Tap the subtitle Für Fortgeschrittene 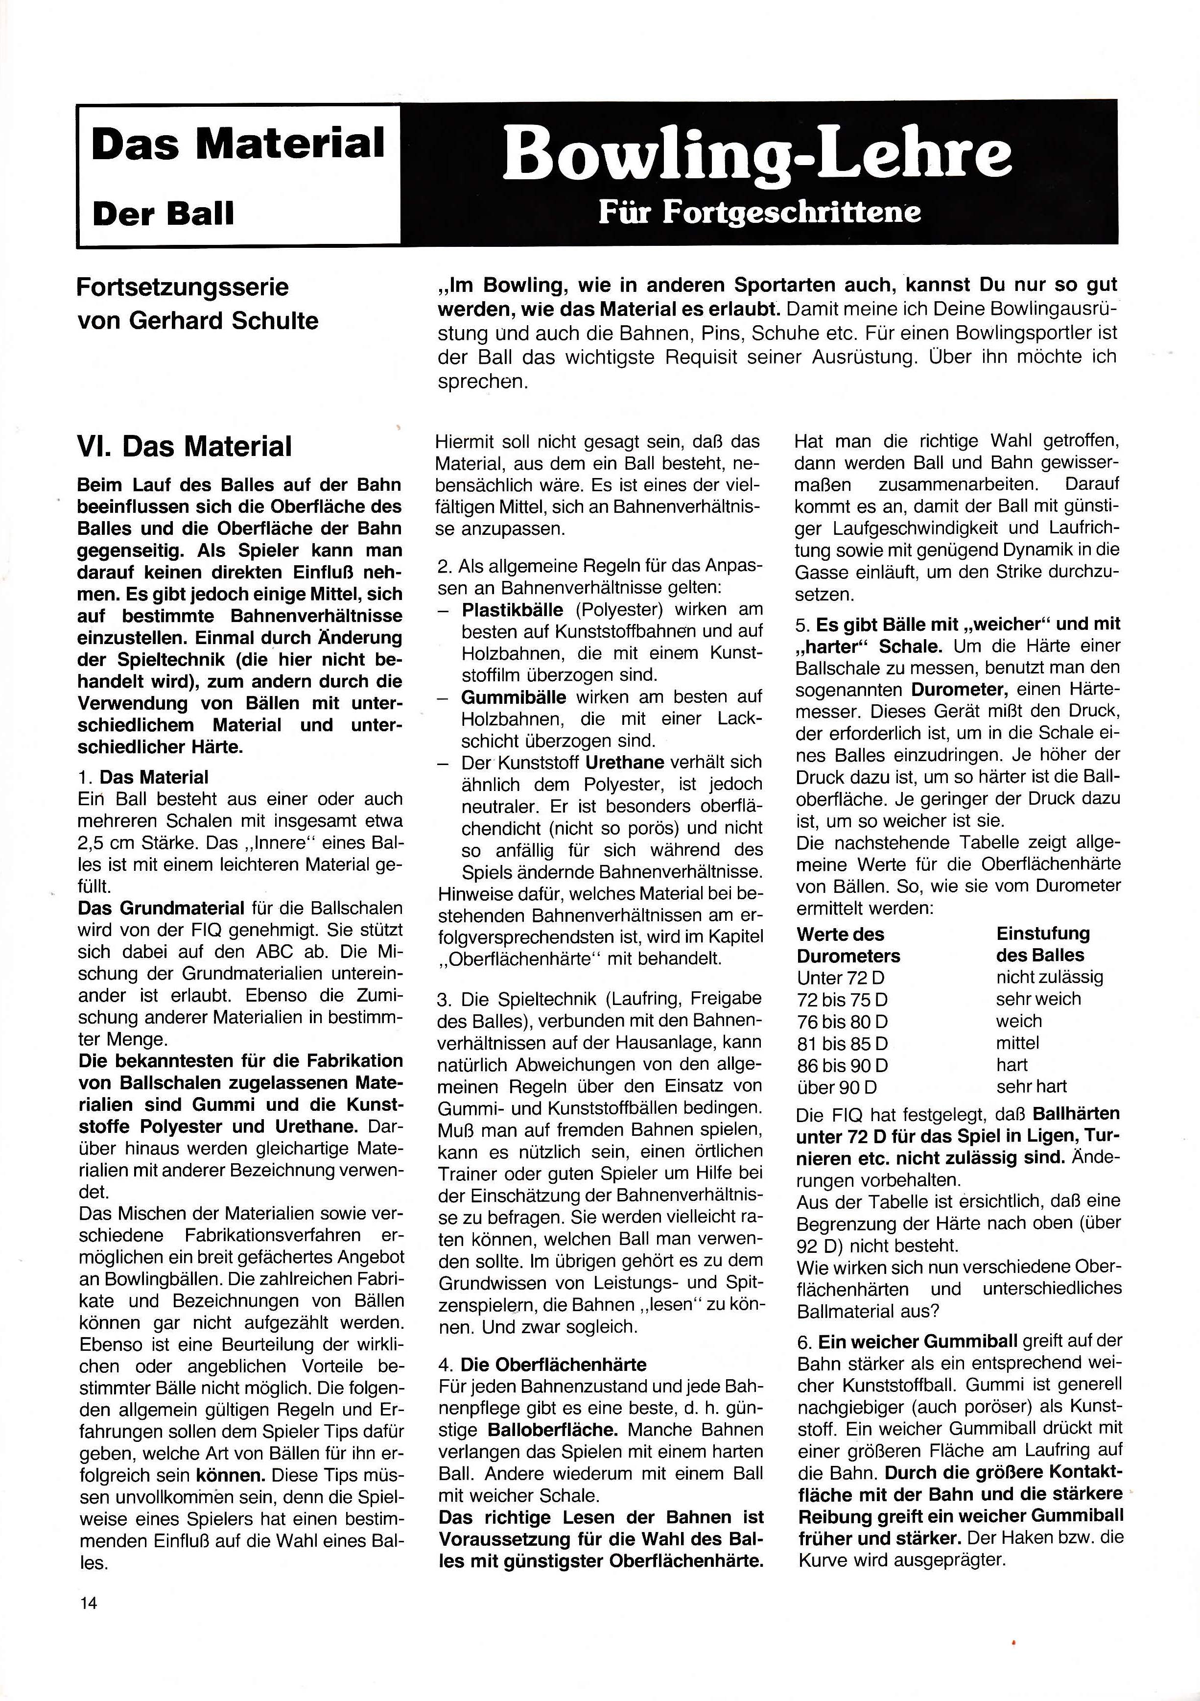point(759,212)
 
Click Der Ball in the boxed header point(163,214)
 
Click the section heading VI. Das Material point(185,447)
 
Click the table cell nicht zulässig point(1049,977)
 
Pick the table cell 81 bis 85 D point(842,1044)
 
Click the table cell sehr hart point(1031,1087)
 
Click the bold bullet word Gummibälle point(513,697)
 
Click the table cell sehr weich point(1038,999)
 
